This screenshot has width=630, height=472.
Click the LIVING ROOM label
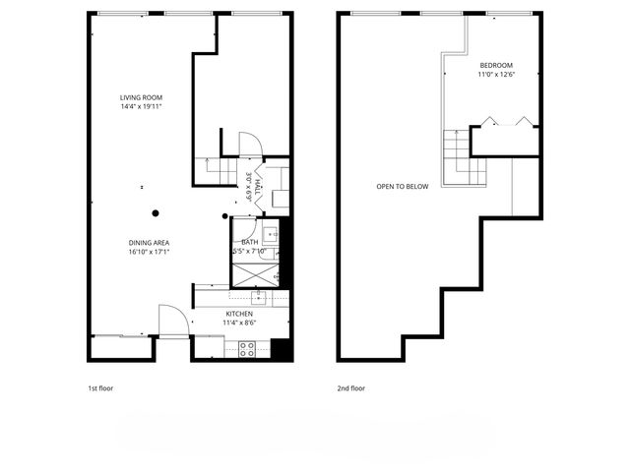(x=141, y=97)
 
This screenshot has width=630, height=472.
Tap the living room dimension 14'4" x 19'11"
(x=141, y=106)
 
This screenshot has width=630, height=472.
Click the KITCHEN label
(x=238, y=313)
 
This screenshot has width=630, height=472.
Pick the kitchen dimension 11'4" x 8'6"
(x=238, y=322)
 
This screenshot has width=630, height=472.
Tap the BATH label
(x=250, y=241)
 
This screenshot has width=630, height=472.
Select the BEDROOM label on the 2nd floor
(x=495, y=66)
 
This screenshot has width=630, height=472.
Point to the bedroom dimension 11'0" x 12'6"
(x=495, y=75)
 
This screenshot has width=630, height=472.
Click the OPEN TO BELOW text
(x=402, y=186)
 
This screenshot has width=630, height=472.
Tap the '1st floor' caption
(x=100, y=388)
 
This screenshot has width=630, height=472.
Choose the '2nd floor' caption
(x=350, y=388)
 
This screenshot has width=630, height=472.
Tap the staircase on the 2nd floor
(x=457, y=157)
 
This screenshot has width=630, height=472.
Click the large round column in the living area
(x=155, y=212)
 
